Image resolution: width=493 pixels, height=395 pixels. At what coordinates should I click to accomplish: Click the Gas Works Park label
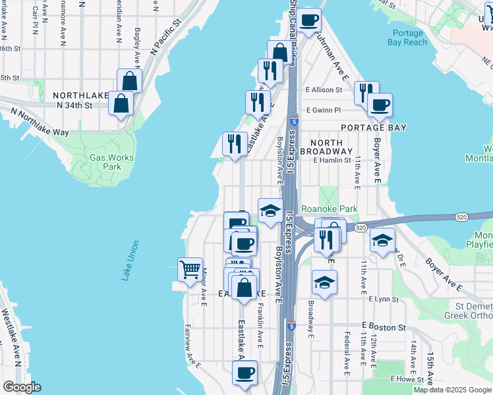tap(111, 162)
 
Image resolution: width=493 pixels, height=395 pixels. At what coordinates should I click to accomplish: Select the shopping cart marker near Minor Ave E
tap(190, 269)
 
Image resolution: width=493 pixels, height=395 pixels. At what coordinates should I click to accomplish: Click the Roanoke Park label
tap(329, 209)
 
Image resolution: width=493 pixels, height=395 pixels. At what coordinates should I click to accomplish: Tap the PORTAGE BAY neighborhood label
tap(373, 127)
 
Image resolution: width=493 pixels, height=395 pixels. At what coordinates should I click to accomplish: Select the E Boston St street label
tap(383, 327)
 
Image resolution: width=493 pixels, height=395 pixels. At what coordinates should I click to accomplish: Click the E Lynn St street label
tap(384, 298)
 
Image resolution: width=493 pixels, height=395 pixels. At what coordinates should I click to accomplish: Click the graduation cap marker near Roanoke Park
tap(270, 211)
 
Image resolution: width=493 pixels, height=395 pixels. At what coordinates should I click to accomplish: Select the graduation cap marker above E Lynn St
tap(324, 282)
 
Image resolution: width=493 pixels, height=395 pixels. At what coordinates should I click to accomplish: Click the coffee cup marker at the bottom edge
tap(245, 373)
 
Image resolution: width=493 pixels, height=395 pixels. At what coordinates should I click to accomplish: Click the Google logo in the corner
tap(22, 387)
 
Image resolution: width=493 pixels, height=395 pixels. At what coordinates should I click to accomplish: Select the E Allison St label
tap(324, 90)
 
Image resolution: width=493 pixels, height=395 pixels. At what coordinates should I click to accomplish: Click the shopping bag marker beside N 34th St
tap(121, 103)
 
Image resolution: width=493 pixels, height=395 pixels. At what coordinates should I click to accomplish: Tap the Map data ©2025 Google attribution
tap(452, 390)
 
